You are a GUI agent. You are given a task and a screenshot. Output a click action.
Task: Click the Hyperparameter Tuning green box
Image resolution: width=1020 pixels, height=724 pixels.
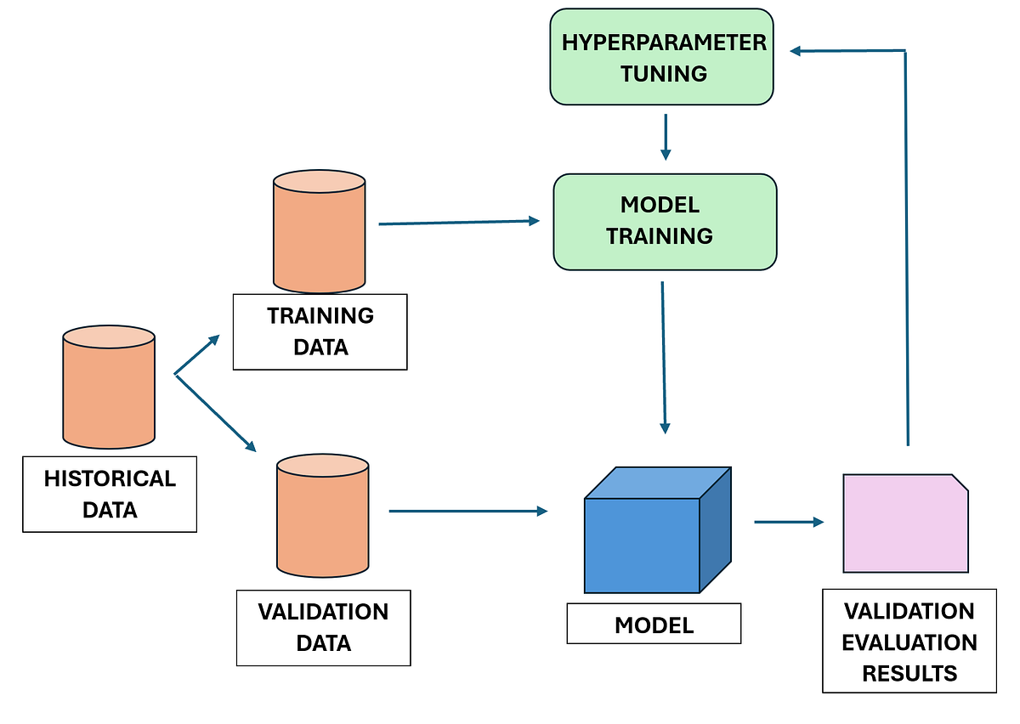(662, 57)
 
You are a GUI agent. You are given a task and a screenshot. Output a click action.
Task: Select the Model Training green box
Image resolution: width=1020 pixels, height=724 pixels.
(665, 222)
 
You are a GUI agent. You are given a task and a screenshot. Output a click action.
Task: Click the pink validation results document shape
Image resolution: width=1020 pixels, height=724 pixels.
(905, 523)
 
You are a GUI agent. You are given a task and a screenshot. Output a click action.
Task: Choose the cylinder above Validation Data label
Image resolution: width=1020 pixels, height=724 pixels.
(323, 516)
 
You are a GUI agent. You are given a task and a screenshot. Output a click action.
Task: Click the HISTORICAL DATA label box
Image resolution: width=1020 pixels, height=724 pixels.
(110, 495)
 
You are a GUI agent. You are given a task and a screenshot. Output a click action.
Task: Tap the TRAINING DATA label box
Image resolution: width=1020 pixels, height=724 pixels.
(320, 331)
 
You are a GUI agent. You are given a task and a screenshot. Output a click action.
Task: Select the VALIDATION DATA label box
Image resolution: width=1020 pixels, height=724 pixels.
(323, 627)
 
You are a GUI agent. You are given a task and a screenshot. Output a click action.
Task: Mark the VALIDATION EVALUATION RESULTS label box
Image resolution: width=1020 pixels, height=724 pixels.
(909, 642)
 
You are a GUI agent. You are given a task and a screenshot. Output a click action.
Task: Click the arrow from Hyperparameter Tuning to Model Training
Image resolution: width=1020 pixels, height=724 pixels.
(666, 136)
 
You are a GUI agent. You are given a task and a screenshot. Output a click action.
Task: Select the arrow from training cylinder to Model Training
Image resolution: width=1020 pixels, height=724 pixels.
(459, 223)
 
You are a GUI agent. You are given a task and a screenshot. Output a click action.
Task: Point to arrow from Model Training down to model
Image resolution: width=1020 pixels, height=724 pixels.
(664, 357)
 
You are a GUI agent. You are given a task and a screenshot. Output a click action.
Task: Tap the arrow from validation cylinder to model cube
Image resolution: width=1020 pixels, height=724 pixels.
(467, 512)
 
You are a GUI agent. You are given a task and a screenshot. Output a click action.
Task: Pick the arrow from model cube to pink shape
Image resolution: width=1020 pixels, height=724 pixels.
(789, 522)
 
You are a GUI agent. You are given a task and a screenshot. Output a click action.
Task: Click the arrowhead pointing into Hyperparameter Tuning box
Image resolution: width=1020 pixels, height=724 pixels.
(796, 52)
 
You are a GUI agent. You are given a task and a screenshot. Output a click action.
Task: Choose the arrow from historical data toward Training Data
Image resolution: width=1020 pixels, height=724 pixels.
(198, 354)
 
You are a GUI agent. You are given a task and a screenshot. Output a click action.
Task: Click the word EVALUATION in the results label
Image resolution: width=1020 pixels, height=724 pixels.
(909, 642)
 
